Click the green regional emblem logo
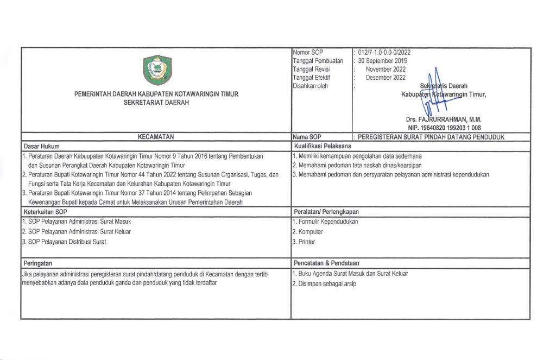pos(156,70)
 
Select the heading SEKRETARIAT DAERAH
pos(156,102)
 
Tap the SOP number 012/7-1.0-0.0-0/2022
pos(384,53)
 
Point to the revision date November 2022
pos(386,69)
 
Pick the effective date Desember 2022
pos(386,77)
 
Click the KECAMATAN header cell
pos(156,137)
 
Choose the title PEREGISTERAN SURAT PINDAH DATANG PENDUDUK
pos(432,137)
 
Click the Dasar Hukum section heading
pos(41,146)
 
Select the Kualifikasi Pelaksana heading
pos(323,146)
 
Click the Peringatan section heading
pos(39,263)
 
